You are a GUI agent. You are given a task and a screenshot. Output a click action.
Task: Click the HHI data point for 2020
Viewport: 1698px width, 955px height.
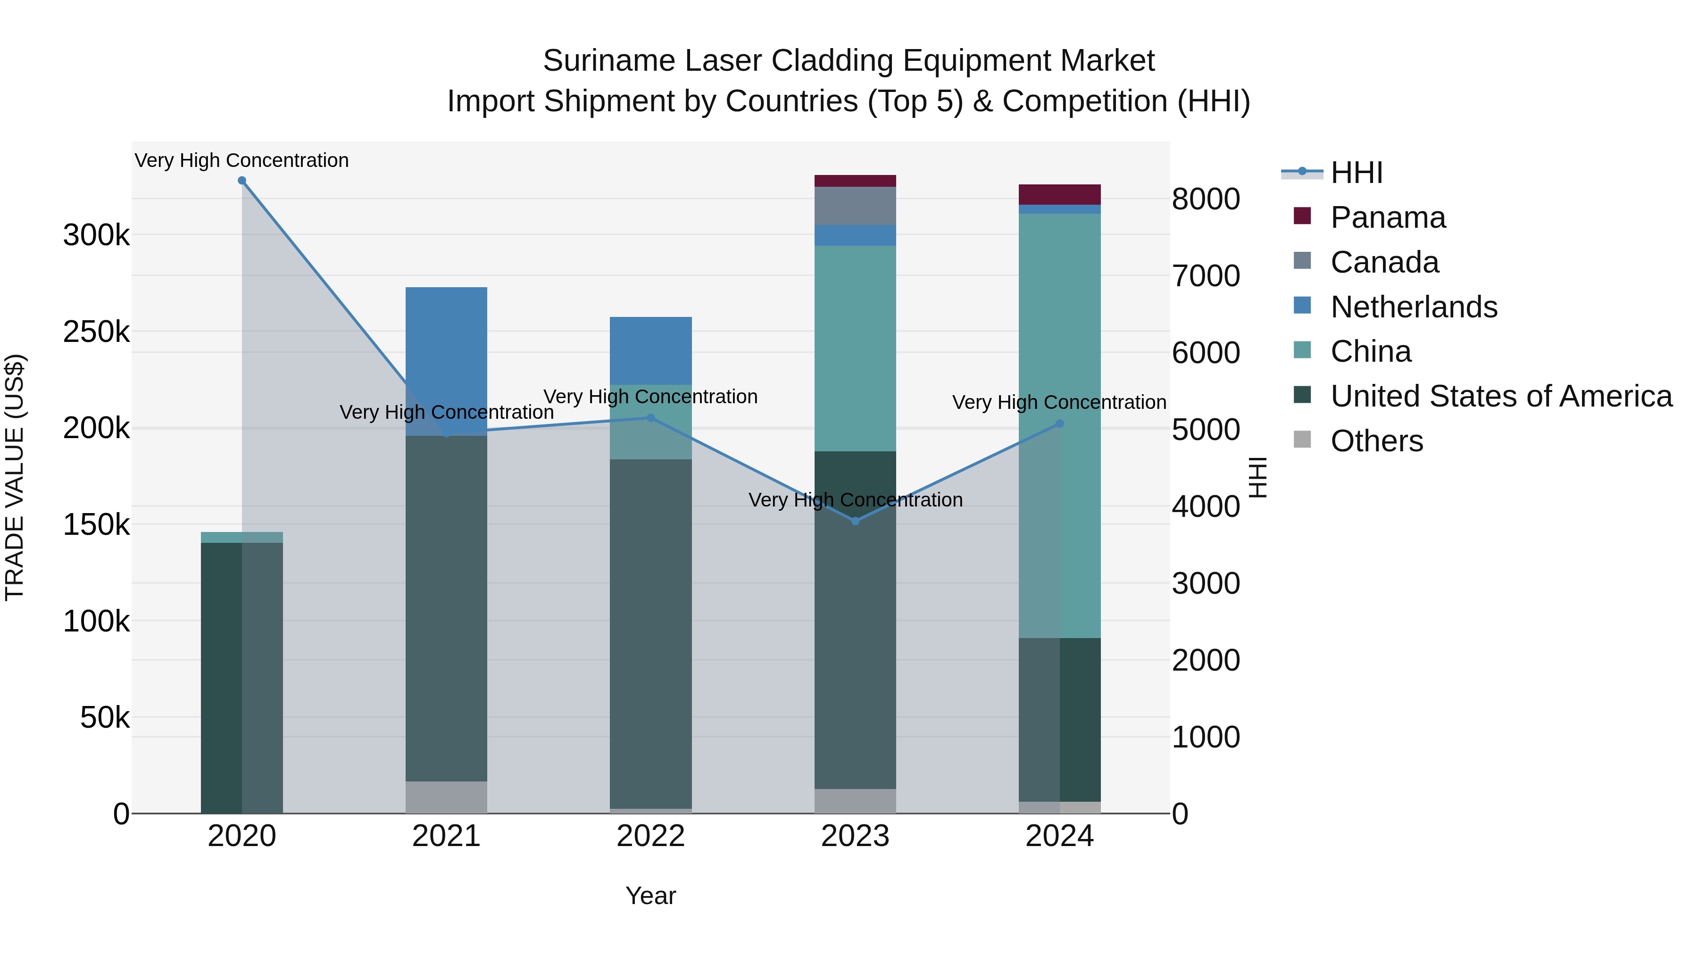pyautogui.click(x=242, y=181)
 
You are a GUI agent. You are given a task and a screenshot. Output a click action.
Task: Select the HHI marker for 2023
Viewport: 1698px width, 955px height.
pyautogui.click(x=856, y=521)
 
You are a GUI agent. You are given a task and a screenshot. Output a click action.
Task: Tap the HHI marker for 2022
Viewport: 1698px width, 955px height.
pyautogui.click(x=650, y=418)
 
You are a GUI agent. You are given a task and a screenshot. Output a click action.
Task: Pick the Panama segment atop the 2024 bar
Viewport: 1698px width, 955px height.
pyautogui.click(x=1059, y=194)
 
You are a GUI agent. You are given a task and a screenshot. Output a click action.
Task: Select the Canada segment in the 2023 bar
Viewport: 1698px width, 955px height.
pyautogui.click(x=855, y=206)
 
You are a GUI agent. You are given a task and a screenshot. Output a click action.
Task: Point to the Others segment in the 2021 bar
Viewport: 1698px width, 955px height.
pyautogui.click(x=446, y=797)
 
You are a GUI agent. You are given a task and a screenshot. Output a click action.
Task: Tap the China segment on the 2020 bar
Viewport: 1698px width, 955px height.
pyautogui.click(x=242, y=537)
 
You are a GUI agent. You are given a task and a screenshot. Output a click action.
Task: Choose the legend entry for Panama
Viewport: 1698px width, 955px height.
pyautogui.click(x=1388, y=217)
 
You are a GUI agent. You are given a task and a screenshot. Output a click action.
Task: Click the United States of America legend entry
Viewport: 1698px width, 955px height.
pyautogui.click(x=1501, y=396)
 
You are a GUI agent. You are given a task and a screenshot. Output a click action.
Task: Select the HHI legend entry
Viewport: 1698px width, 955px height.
pyautogui.click(x=1356, y=173)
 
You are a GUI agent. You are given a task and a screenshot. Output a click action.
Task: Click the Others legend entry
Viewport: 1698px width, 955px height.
pyautogui.click(x=1376, y=441)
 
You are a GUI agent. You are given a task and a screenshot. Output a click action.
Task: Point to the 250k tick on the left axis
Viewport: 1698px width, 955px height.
pyautogui.click(x=96, y=332)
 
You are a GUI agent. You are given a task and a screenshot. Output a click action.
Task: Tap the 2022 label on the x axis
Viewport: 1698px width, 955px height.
pyautogui.click(x=650, y=836)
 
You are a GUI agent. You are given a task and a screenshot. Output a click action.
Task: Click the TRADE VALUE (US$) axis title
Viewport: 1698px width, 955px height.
pyautogui.click(x=15, y=477)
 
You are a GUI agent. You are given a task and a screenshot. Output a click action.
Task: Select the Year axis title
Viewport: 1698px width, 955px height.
pyautogui.click(x=650, y=896)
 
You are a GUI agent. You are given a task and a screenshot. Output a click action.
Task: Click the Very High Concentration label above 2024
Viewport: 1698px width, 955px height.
pyautogui.click(x=1059, y=402)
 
